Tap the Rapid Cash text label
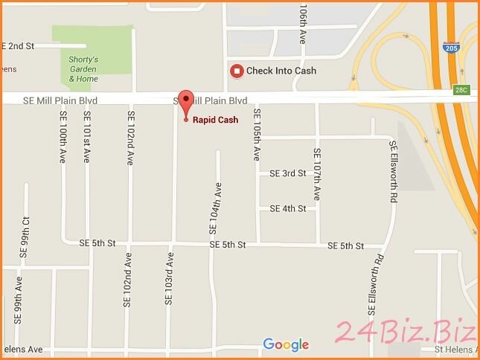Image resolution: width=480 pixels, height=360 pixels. click(x=216, y=120)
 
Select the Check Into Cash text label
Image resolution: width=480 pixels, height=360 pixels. click(x=281, y=71)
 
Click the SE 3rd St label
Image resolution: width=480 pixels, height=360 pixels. click(x=288, y=173)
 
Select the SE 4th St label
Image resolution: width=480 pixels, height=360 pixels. click(x=288, y=209)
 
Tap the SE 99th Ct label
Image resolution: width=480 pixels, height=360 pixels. click(x=25, y=237)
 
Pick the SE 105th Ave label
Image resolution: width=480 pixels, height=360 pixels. click(x=256, y=135)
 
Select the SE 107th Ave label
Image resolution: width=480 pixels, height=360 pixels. click(x=318, y=175)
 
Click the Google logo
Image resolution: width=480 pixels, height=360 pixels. click(x=286, y=344)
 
